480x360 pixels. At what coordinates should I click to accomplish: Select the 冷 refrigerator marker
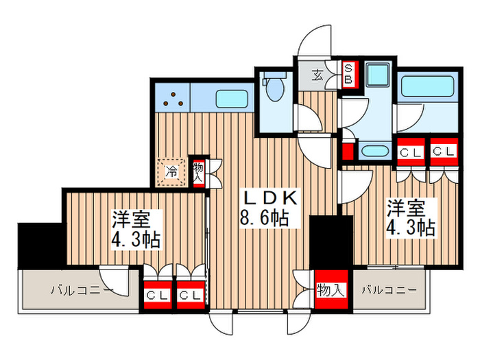173,171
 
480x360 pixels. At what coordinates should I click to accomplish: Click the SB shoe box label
348,73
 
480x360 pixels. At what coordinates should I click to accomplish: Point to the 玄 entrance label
318,75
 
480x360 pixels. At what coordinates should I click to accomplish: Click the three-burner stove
173,99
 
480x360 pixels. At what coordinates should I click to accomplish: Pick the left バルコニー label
82,291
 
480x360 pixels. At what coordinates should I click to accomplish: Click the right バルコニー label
389,290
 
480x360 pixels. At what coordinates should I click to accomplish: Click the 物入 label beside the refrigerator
198,171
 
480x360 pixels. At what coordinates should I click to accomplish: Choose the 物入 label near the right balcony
331,291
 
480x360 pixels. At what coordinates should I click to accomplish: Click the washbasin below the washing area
375,152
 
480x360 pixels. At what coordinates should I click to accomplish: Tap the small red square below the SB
348,150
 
